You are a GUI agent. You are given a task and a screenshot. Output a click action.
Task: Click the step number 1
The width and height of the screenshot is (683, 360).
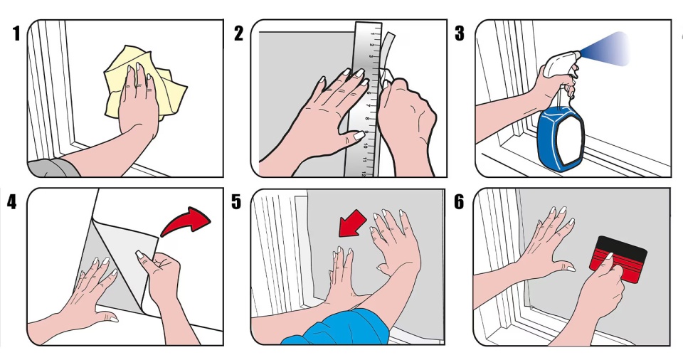[x=16, y=33]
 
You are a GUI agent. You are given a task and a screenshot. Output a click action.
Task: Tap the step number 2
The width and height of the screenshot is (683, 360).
[x=238, y=33]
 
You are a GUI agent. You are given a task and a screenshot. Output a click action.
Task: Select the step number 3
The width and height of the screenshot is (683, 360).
[x=460, y=33]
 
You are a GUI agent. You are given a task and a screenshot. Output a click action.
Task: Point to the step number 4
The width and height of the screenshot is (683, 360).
[x=12, y=202]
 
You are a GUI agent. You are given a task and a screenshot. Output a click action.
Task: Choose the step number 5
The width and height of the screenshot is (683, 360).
[x=235, y=202]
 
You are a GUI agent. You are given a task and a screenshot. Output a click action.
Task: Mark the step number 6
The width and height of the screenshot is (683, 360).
[x=459, y=202]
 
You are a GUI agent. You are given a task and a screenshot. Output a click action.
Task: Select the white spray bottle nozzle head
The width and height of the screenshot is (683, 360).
[x=560, y=62]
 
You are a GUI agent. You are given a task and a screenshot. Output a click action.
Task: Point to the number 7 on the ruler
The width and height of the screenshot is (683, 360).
[x=368, y=105]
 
